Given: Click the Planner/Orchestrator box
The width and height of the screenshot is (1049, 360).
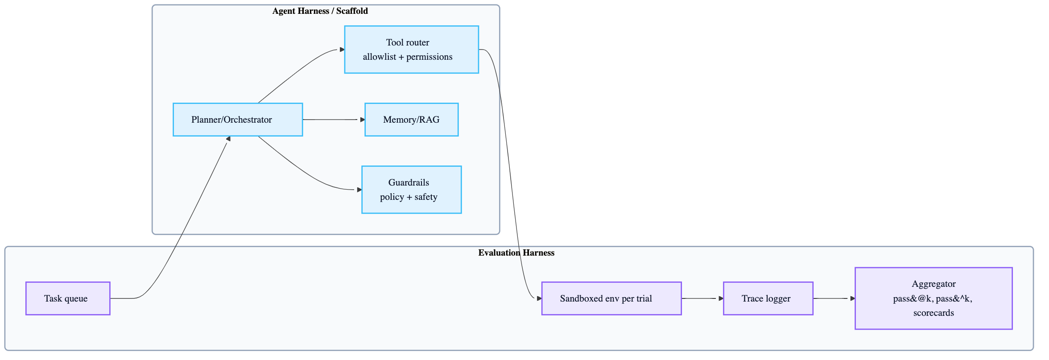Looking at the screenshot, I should (x=238, y=120).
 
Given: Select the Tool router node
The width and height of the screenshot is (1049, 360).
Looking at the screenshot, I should (x=411, y=50).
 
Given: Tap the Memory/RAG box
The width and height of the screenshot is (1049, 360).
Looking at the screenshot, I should (x=411, y=120).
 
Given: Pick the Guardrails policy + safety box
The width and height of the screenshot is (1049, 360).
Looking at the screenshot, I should (x=411, y=190).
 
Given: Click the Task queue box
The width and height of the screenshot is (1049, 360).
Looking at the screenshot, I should (x=68, y=298).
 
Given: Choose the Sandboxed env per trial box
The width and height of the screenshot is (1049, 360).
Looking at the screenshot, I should (x=611, y=298).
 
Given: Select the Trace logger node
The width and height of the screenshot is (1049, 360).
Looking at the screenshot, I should (x=768, y=298).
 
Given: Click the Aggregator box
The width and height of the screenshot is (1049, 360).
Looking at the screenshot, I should (x=933, y=298).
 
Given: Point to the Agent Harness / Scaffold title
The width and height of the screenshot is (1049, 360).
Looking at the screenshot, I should (x=320, y=11).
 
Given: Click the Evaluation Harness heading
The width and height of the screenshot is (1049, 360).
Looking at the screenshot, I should (x=516, y=253).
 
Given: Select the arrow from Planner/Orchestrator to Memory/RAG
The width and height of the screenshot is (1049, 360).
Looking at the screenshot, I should (x=332, y=120).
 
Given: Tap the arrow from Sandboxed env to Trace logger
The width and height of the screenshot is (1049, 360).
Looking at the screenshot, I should (x=700, y=298).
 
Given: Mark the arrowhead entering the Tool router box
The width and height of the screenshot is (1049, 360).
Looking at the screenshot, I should (x=342, y=50).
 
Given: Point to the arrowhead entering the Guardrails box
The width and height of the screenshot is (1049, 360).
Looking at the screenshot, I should (x=359, y=190).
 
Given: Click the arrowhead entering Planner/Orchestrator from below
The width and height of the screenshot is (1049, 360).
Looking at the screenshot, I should (x=228, y=139).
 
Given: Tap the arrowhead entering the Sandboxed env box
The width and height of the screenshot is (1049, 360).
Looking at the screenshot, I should (x=539, y=298).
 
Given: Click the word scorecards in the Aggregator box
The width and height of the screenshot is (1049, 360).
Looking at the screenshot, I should (x=933, y=313).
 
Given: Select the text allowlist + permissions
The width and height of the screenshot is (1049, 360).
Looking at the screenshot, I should (x=407, y=57).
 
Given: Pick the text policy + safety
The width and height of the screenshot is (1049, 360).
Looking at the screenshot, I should (x=409, y=197).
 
